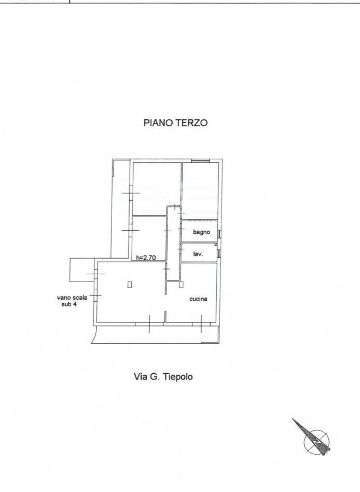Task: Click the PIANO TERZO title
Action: click(x=175, y=123)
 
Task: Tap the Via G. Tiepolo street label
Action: click(x=163, y=376)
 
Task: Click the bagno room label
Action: click(x=201, y=232)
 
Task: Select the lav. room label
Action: click(x=198, y=254)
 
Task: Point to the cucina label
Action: click(x=198, y=299)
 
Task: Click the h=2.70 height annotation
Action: click(x=146, y=258)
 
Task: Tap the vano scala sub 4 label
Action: click(x=72, y=301)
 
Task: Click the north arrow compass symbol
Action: click(x=314, y=438)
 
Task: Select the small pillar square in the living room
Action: click(x=130, y=285)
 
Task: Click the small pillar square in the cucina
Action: click(x=181, y=285)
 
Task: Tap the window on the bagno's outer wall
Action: click(x=220, y=234)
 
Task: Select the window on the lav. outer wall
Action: click(x=220, y=254)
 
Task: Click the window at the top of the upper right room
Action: click(x=201, y=161)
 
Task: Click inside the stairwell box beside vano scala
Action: click(x=82, y=270)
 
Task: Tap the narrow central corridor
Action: click(x=173, y=243)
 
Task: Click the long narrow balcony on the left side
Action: click(x=120, y=208)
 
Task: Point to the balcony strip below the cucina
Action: click(x=156, y=334)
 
